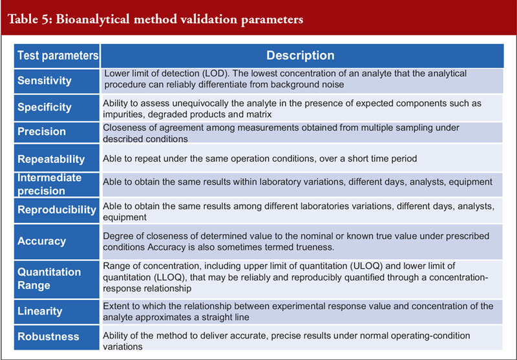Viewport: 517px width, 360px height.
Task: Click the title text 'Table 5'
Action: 29,19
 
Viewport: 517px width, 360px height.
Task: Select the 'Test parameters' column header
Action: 58,56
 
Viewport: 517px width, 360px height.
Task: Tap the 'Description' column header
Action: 301,56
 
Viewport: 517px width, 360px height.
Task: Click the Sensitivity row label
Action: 45,80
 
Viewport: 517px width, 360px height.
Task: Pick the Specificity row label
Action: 45,107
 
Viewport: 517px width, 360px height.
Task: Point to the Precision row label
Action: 41,132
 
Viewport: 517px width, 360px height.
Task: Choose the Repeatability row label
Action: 51,159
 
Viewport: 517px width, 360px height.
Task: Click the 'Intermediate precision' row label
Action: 50,184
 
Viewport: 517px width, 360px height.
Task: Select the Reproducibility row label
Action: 57,209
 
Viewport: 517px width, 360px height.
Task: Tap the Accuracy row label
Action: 41,241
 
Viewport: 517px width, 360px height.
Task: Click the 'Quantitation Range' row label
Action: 49,279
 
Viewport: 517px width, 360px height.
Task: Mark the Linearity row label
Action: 40,312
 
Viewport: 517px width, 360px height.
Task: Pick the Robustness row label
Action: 48,337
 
